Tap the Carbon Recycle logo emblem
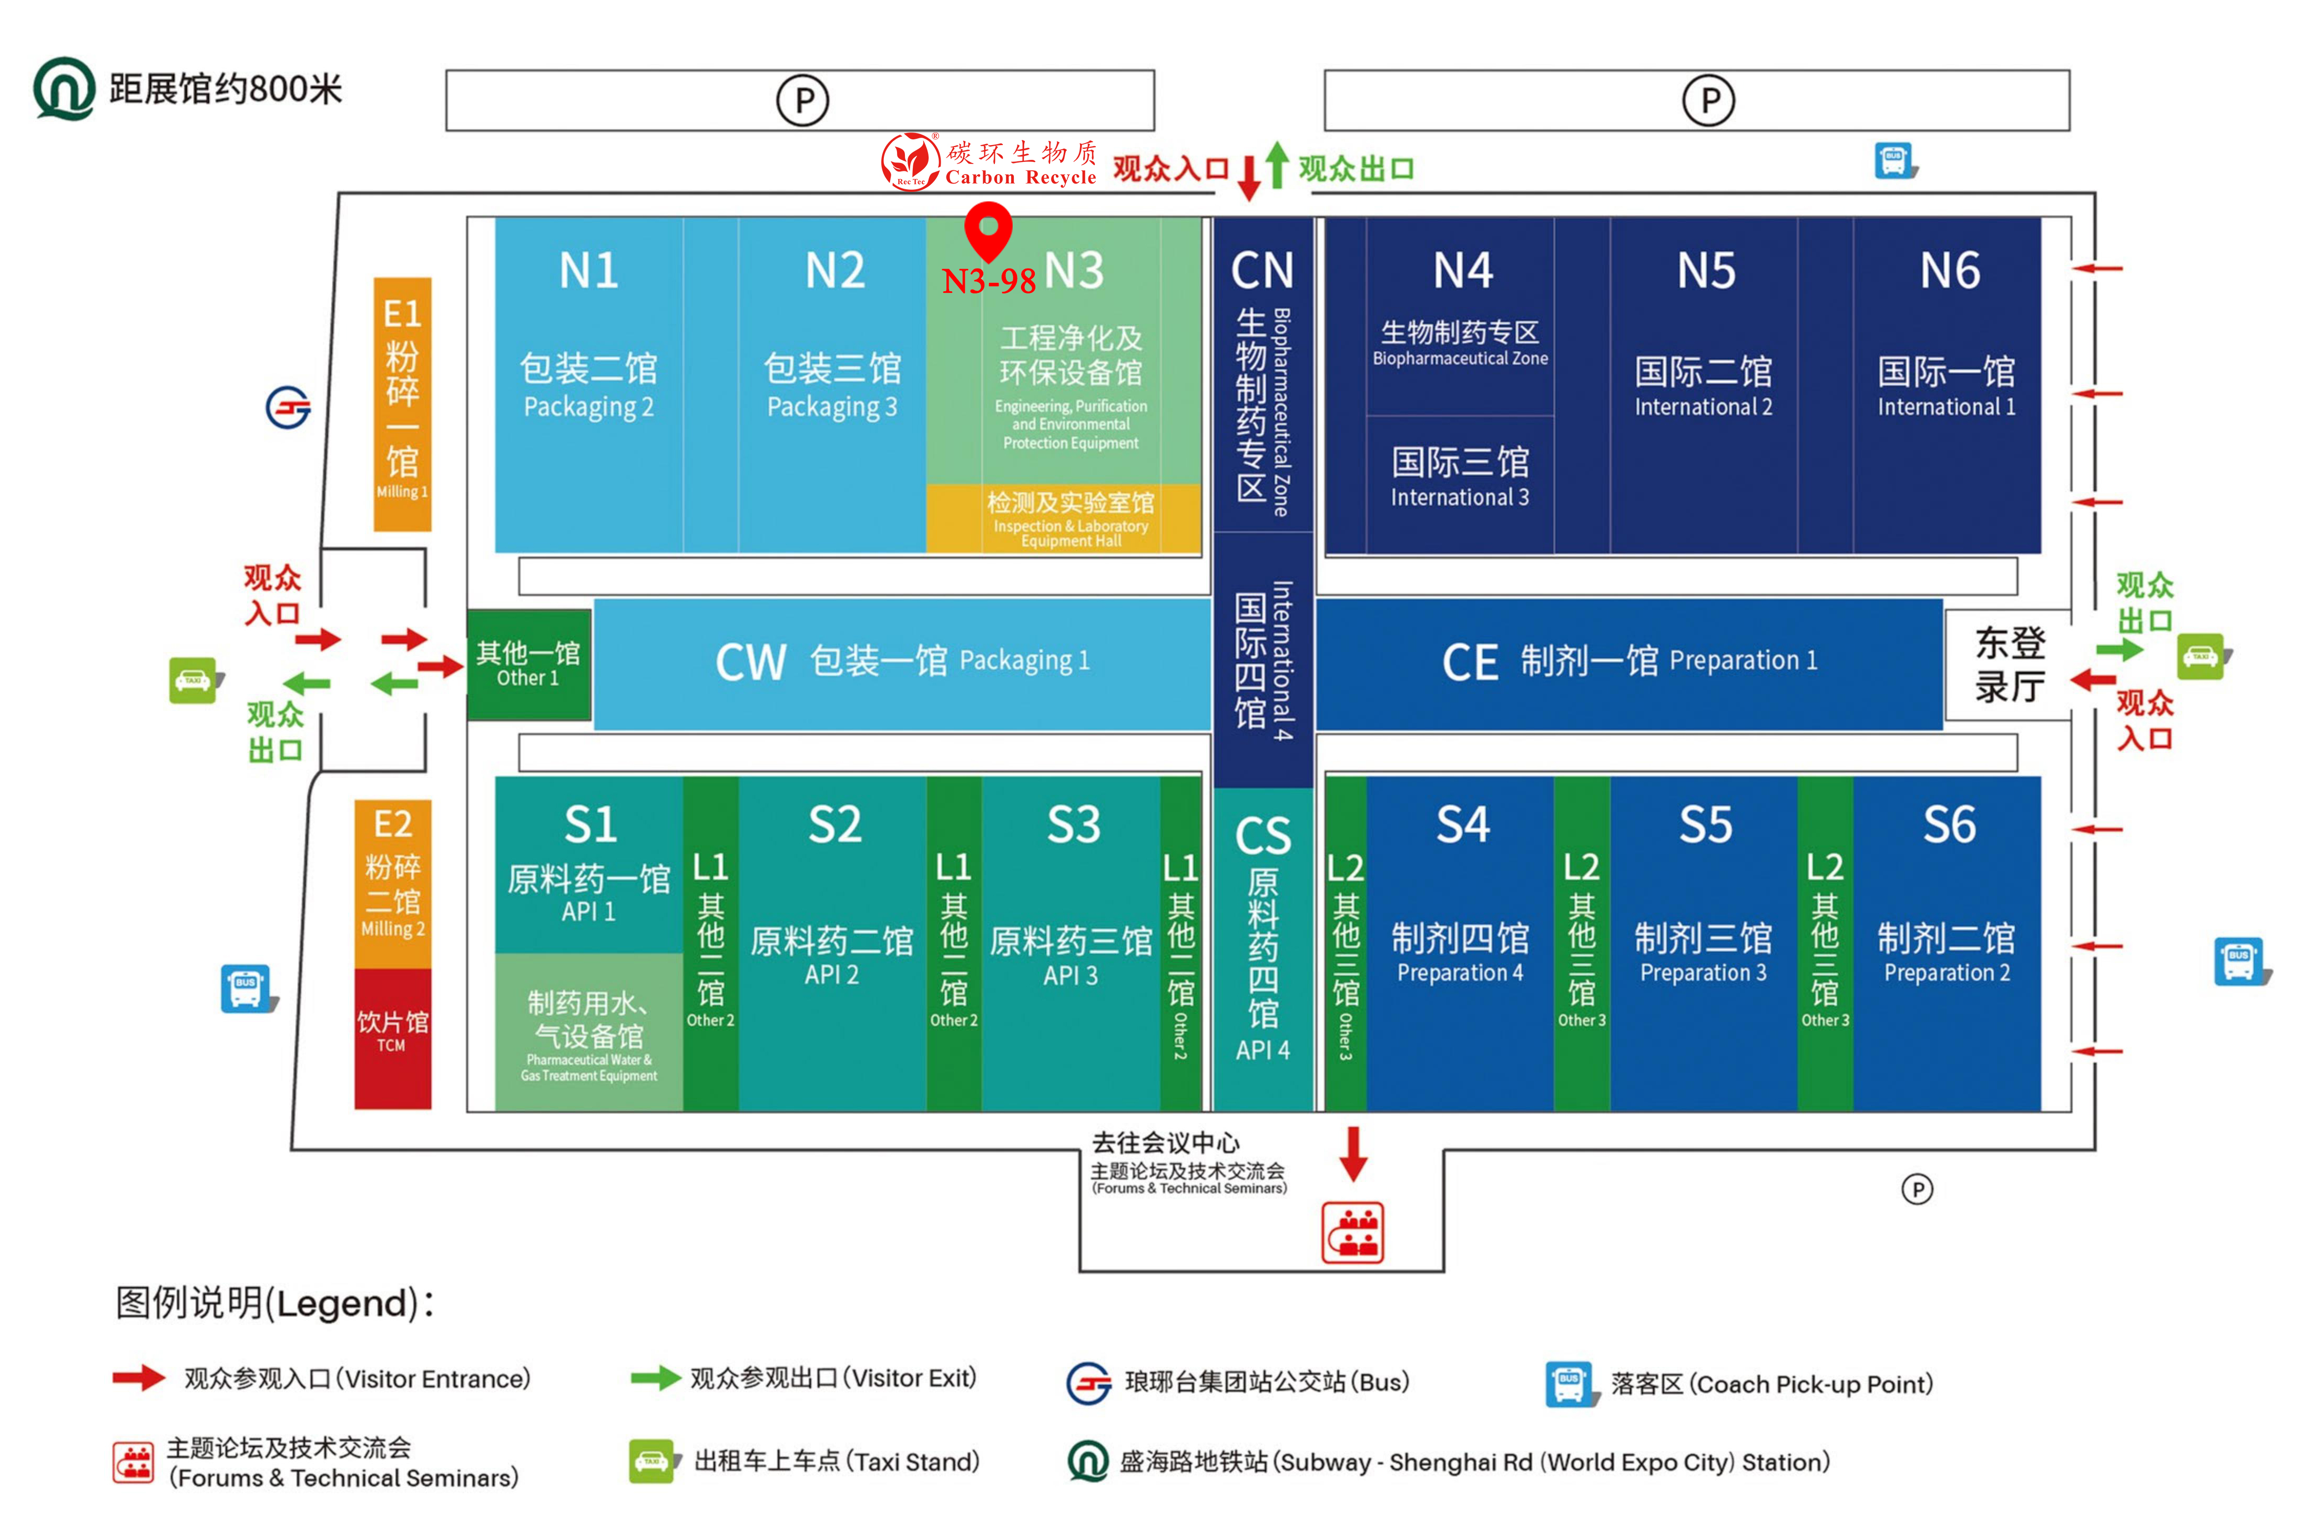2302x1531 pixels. [909, 161]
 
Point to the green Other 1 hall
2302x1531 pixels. [528, 664]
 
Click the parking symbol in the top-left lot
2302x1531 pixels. [802, 99]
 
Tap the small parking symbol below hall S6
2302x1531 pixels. [1917, 1189]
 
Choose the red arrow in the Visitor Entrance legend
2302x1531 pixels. [139, 1377]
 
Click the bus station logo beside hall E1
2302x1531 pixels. [288, 407]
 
